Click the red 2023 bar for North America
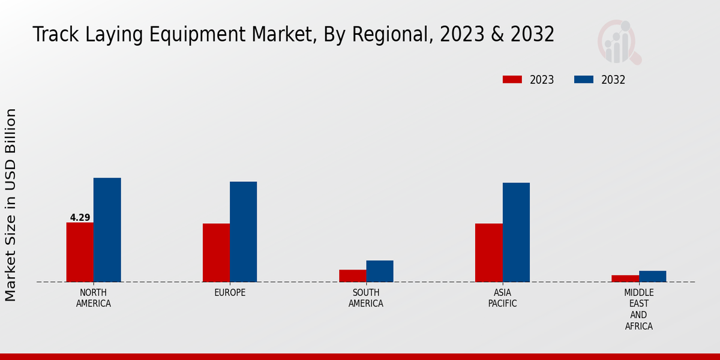[80, 252]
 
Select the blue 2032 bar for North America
[107, 230]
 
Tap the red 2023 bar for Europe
[216, 253]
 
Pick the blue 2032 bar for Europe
[243, 232]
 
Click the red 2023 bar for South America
[352, 275]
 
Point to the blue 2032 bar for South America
[380, 271]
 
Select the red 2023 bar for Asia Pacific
[488, 253]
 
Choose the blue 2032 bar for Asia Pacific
[516, 232]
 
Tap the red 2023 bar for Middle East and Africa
[625, 278]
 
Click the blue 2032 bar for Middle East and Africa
[652, 276]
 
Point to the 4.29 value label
[80, 218]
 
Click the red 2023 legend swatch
[512, 80]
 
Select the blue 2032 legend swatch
[584, 80]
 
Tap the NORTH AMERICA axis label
[94, 298]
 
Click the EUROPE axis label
[230, 292]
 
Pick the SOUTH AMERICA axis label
[366, 298]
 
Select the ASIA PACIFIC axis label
[502, 298]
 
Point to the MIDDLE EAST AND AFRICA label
[638, 309]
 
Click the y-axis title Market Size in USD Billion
[11, 205]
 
